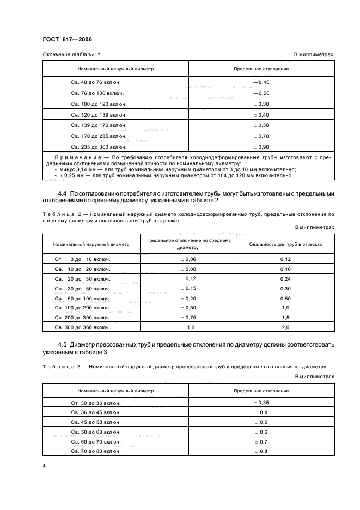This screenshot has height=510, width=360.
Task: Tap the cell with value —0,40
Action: point(261,82)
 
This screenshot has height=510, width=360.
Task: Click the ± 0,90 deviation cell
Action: point(261,147)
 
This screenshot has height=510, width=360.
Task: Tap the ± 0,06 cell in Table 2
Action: point(188,259)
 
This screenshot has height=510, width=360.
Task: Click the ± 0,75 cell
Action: point(188,318)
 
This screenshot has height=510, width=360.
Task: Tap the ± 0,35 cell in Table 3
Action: point(261,403)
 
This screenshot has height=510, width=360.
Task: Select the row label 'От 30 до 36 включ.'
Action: point(95,403)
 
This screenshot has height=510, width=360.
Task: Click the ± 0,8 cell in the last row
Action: point(261,452)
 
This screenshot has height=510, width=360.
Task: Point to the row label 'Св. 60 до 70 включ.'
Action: point(96,442)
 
